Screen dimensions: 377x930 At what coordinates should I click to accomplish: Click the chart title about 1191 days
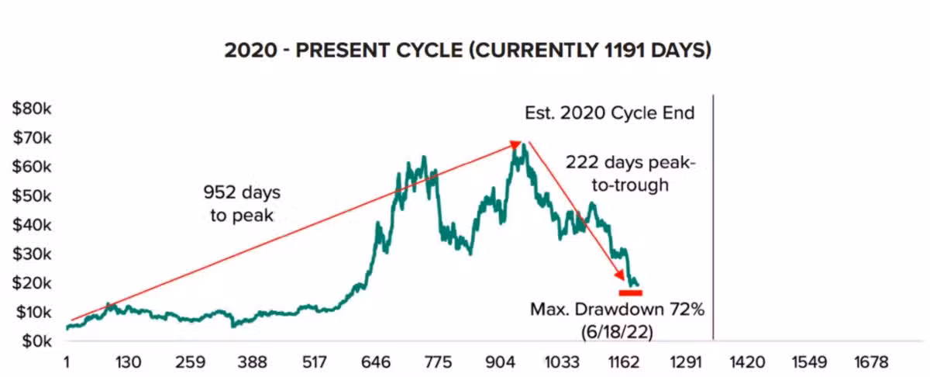[468, 51]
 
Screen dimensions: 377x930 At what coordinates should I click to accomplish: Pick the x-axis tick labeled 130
[128, 362]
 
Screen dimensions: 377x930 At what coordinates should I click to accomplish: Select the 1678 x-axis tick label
[873, 362]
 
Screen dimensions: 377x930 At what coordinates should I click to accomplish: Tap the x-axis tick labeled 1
[67, 362]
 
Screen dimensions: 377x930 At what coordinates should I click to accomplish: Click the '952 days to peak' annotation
[242, 203]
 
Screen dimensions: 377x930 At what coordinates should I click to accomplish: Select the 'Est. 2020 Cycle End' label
[609, 113]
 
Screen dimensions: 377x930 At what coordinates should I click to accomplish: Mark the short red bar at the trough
[630, 292]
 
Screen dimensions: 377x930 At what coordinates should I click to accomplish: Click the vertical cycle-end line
[713, 217]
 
